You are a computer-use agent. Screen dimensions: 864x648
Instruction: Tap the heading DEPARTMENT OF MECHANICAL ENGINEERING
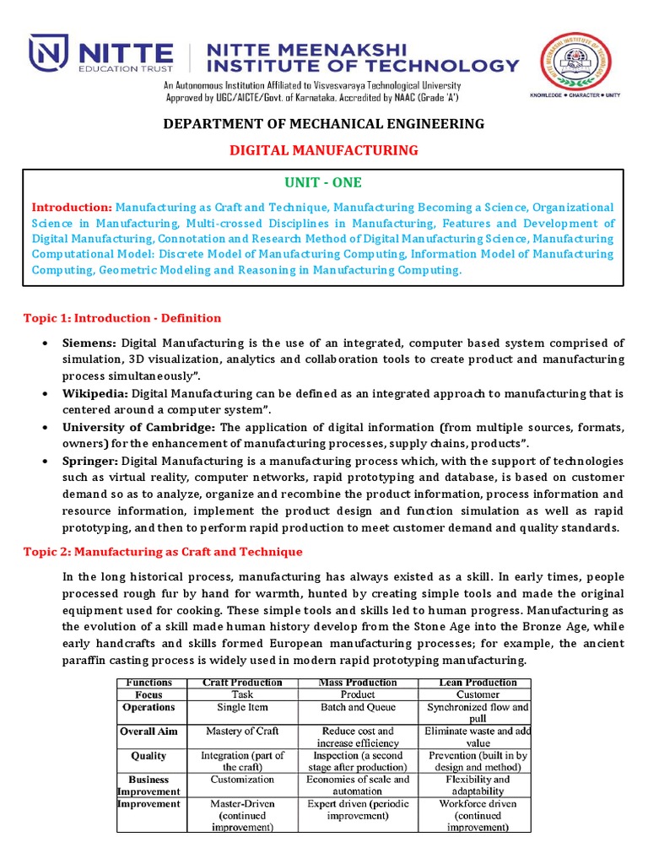point(324,124)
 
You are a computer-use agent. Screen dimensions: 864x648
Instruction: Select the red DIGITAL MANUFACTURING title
point(324,150)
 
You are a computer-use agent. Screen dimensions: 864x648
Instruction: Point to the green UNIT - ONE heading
point(323,182)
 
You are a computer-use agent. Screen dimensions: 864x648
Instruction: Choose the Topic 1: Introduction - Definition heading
point(122,318)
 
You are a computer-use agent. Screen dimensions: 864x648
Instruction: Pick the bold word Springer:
point(90,462)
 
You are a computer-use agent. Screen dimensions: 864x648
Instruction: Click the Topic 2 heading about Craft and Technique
point(162,552)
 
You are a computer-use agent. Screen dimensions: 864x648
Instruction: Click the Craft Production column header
point(242,682)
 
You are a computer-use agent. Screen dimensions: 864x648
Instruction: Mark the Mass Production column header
point(358,682)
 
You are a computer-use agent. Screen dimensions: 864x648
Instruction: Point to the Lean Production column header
point(478,682)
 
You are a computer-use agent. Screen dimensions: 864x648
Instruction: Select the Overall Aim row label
point(148,732)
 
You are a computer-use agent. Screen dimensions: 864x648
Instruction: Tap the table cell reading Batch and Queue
point(358,708)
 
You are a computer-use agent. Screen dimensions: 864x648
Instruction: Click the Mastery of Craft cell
point(242,732)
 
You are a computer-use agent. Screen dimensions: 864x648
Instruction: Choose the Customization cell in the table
point(242,780)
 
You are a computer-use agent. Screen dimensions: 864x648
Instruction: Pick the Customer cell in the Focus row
point(478,694)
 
